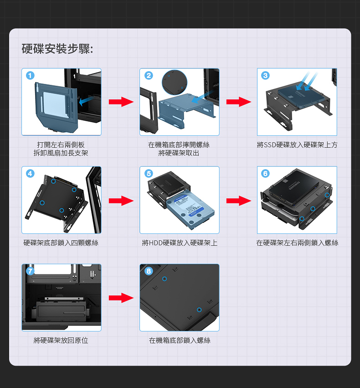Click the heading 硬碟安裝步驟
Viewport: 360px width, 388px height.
pos(57,49)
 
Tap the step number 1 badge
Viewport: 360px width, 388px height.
pos(30,76)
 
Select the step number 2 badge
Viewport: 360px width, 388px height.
pos(148,75)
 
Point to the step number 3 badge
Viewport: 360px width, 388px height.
pos(266,75)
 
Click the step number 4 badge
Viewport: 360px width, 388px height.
pos(30,173)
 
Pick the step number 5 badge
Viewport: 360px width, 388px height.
pos(148,173)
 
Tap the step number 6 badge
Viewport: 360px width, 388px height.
pos(266,173)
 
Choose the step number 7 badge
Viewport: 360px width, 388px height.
pos(30,271)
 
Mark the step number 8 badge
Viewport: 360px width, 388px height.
pos(148,271)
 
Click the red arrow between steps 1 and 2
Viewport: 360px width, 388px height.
pos(121,102)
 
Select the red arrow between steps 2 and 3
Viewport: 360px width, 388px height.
pos(238,102)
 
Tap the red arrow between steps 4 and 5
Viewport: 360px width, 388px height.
pos(121,201)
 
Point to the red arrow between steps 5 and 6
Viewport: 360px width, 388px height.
pos(238,201)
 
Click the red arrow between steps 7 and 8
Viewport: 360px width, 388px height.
pos(121,298)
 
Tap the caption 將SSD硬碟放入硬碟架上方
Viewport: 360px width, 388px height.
pos(297,145)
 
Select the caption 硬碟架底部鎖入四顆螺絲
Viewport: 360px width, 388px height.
pos(61,243)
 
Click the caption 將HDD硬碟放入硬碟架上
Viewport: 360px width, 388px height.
pos(180,243)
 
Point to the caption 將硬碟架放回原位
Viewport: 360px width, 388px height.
pos(61,341)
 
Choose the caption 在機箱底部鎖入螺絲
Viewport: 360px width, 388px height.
pos(180,341)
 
